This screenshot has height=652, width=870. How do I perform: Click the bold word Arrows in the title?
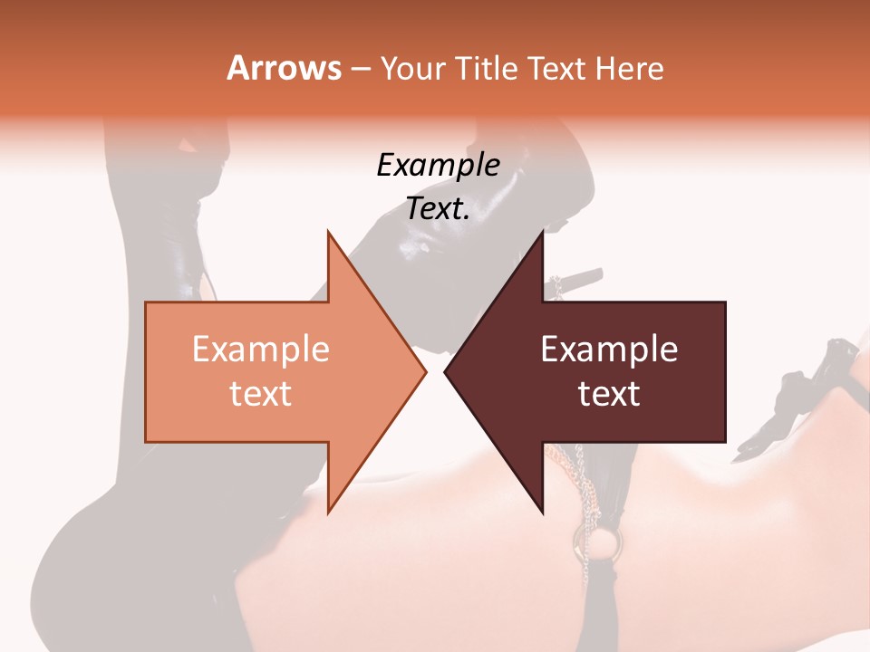point(284,68)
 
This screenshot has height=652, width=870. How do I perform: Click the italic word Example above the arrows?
point(438,165)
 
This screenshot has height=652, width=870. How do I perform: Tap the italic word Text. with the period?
point(438,208)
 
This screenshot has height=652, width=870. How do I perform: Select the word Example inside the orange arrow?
point(260,349)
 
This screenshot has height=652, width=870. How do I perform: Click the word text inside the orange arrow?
point(260,394)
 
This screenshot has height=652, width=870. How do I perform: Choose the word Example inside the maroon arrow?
point(609,349)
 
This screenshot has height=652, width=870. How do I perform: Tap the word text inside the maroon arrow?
point(609,394)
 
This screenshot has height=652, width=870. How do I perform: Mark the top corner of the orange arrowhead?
point(329,232)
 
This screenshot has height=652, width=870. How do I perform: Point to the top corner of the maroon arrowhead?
point(542,232)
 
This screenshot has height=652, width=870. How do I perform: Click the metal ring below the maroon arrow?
point(608,543)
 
